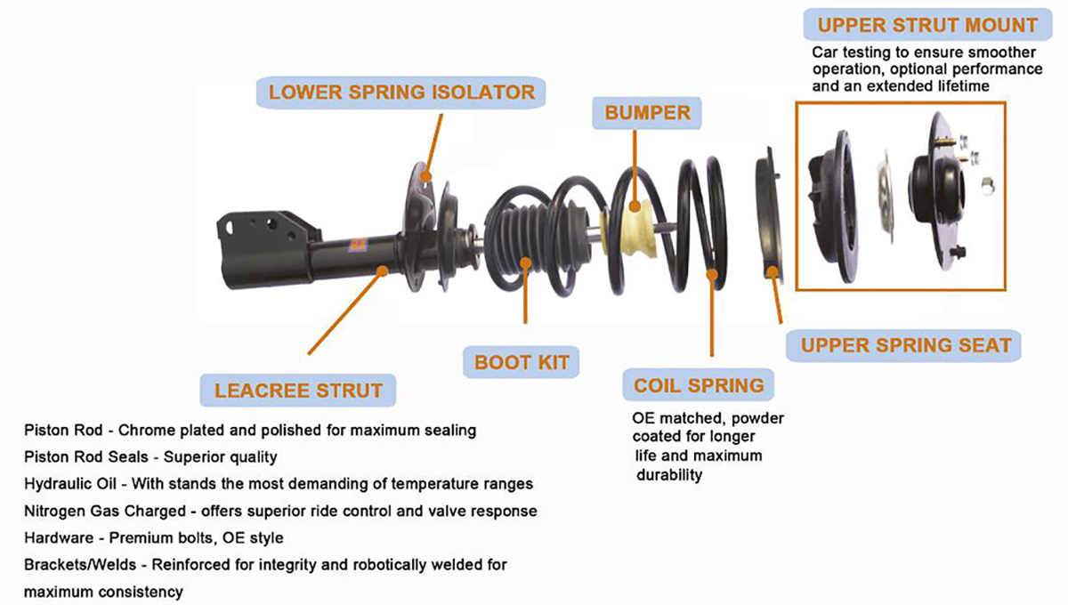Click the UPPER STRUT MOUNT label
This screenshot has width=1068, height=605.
pyautogui.click(x=927, y=25)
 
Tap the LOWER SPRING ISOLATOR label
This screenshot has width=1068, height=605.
pyautogui.click(x=401, y=92)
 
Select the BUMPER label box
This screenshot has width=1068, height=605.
pyautogui.click(x=647, y=113)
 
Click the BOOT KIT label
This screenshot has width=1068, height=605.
pyautogui.click(x=522, y=362)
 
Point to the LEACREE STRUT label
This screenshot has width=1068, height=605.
pyautogui.click(x=298, y=391)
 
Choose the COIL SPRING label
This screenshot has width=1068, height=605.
pyautogui.click(x=699, y=385)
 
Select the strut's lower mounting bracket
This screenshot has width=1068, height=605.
pyautogui.click(x=267, y=249)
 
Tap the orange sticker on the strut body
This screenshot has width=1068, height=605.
pyautogui.click(x=358, y=244)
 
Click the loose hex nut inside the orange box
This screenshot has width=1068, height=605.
pyautogui.click(x=987, y=186)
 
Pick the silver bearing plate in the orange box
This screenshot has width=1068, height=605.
pyautogui.click(x=886, y=197)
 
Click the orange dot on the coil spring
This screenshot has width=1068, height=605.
pyautogui.click(x=712, y=275)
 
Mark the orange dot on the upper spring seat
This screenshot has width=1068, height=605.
pyautogui.click(x=773, y=272)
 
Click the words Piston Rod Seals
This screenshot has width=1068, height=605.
pyautogui.click(x=86, y=456)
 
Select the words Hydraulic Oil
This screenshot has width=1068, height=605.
pyautogui.click(x=70, y=483)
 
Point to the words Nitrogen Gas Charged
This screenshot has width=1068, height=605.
pyautogui.click(x=105, y=511)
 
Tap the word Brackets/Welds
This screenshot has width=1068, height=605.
pyautogui.click(x=80, y=564)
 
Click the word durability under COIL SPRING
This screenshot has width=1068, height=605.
pyautogui.click(x=669, y=475)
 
